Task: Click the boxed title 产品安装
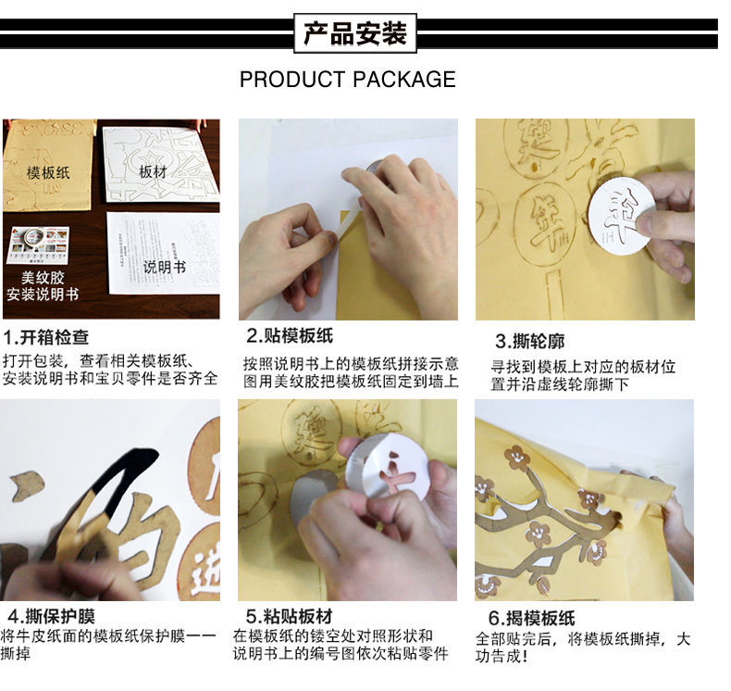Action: [355, 33]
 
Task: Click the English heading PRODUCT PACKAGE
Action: [348, 80]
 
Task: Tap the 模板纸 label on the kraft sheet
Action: [48, 172]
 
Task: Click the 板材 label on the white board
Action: [153, 171]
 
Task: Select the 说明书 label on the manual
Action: [164, 267]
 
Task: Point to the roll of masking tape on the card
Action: [33, 237]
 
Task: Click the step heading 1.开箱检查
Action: [45, 337]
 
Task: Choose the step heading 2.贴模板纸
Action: [290, 335]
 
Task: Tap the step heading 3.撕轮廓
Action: [529, 341]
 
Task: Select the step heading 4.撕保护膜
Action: [51, 616]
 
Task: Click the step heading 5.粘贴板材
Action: [289, 616]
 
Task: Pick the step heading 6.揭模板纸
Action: [531, 618]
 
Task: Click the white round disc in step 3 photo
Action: [619, 216]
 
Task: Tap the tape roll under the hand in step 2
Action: [376, 171]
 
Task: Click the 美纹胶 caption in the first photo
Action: [43, 278]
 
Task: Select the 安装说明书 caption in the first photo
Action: [43, 294]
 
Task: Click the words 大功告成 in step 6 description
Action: [583, 647]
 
